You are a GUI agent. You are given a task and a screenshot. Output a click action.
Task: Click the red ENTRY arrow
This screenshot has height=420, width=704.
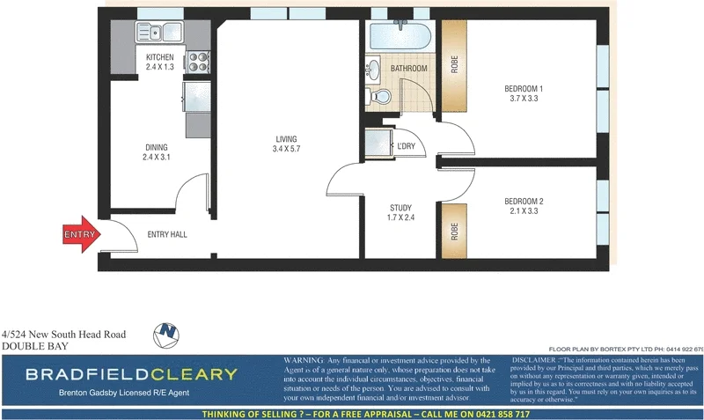(x=82, y=234)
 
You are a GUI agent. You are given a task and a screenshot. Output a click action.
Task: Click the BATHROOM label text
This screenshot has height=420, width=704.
(x=409, y=68)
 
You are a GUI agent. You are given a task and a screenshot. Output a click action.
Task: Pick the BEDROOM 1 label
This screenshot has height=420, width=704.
(x=524, y=93)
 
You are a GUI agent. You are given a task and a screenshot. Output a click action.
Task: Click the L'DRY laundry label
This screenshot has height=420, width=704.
(x=407, y=146)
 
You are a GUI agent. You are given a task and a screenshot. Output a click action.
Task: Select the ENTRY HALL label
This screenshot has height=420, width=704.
(x=166, y=234)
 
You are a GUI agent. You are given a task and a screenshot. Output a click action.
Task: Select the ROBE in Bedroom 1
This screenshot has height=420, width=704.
(x=454, y=64)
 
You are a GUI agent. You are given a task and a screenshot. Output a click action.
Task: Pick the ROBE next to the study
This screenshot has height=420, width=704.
(x=454, y=230)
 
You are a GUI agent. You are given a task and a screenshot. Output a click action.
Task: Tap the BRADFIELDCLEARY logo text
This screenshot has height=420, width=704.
(x=131, y=373)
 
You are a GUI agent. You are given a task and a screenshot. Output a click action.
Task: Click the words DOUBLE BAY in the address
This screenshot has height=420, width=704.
(x=31, y=347)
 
